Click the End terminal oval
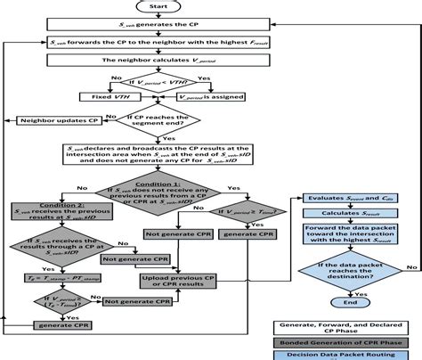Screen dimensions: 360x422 345,301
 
